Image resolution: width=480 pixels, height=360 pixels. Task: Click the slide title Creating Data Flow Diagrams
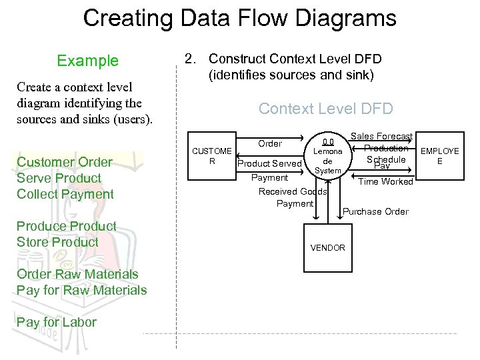coord(239,18)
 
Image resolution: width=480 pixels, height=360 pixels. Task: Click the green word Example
coord(87,61)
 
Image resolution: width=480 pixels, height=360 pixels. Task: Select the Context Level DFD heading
coord(325,109)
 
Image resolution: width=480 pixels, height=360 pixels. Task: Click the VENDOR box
coord(327,247)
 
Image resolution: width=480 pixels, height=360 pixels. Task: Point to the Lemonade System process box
coord(327,157)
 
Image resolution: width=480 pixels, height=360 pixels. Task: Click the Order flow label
coord(269,143)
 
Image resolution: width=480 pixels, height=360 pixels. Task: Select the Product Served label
coord(269,163)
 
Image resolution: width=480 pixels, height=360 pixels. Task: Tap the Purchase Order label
coord(375,211)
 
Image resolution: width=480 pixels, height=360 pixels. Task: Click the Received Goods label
coord(292,191)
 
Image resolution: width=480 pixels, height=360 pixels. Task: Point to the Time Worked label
coord(386,181)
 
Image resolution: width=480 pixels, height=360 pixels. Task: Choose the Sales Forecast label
coord(381,136)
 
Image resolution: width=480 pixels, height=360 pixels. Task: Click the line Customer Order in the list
coord(65,162)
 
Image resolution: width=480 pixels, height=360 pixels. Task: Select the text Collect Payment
coord(65,194)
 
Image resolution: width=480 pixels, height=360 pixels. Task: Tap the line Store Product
coord(57,242)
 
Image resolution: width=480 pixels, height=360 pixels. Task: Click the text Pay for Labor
coord(57,322)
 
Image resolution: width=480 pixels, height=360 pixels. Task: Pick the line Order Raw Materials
coord(77,274)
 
